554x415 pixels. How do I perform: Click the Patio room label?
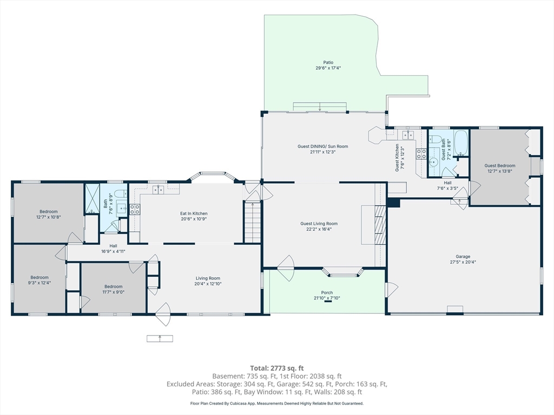pos(328,63)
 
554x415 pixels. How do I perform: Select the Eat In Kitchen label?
pos(194,213)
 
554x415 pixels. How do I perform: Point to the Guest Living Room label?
pos(319,223)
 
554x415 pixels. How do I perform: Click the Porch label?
pos(327,292)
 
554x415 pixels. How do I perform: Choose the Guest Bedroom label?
pos(499,165)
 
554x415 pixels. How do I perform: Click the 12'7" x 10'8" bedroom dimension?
pos(48,217)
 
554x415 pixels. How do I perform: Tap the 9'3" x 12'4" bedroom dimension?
pos(39,283)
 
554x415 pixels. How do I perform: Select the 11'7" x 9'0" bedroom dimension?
pos(114,292)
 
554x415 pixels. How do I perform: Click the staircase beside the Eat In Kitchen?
pos(253,222)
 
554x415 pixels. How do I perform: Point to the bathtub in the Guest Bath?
pos(461,143)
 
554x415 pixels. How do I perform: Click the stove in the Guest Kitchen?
pos(421,154)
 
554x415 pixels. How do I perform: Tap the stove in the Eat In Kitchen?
pos(135,209)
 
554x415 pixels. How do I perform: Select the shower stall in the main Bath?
pos(92,199)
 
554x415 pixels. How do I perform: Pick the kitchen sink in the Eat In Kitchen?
pos(158,190)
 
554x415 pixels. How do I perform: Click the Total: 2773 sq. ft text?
pos(277,369)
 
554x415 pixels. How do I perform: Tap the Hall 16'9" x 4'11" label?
pos(113,249)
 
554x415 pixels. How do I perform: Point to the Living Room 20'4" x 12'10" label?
pos(208,281)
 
